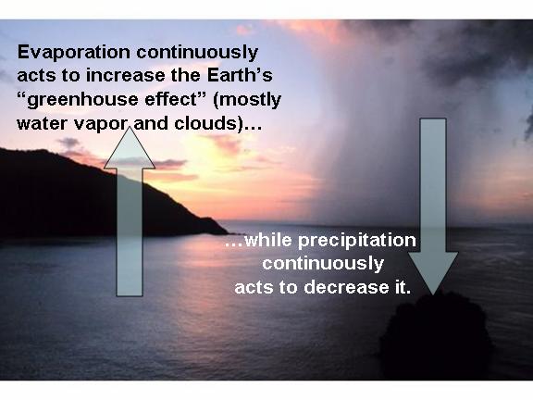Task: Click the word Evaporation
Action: pyautogui.click(x=74, y=54)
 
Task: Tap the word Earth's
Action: pyautogui.click(x=240, y=75)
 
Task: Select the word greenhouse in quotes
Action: pyautogui.click(x=82, y=101)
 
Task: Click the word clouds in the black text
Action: pyautogui.click(x=205, y=123)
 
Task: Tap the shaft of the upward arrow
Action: pyautogui.click(x=130, y=232)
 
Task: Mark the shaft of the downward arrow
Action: pyautogui.click(x=433, y=185)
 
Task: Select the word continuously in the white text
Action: pyautogui.click(x=323, y=264)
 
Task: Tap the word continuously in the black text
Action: pyautogui.click(x=197, y=54)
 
